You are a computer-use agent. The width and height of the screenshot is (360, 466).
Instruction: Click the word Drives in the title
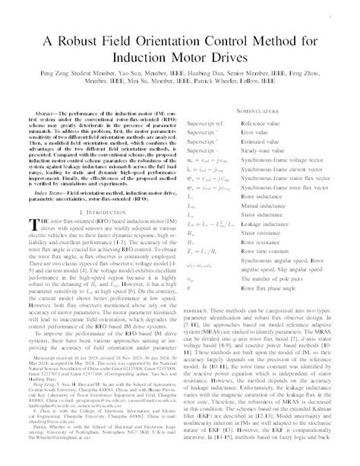(226, 57)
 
